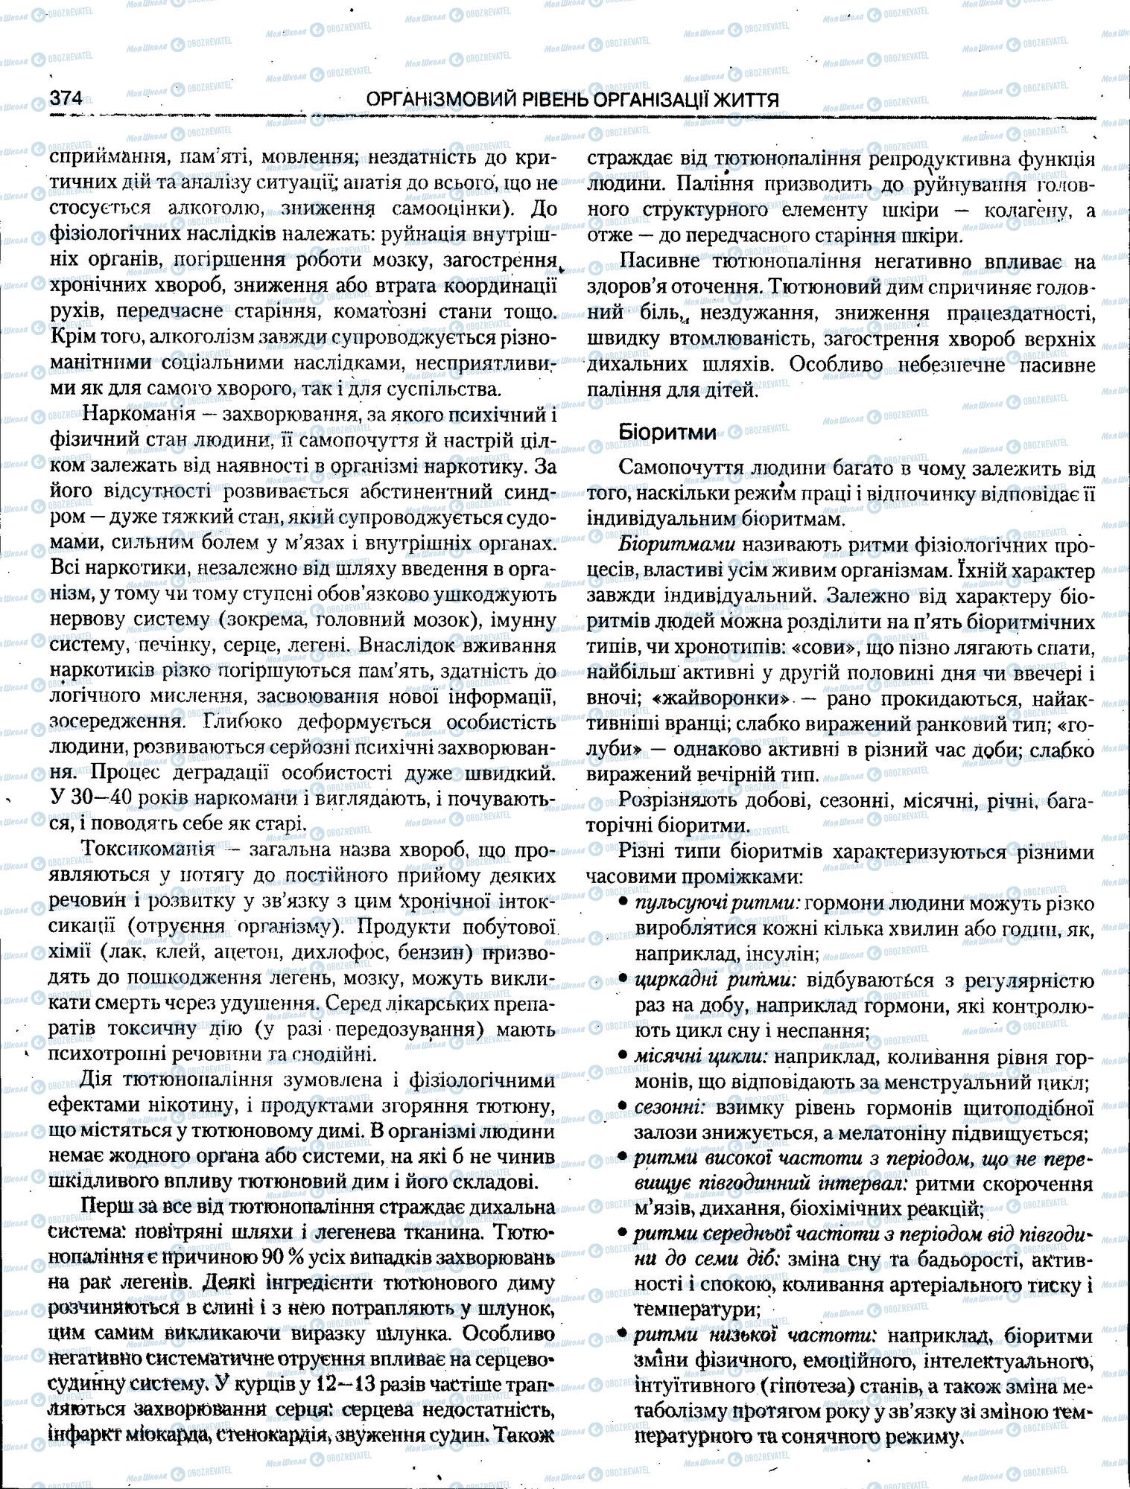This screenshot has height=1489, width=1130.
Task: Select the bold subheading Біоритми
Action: click(657, 433)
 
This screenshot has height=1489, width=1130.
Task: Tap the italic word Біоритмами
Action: click(677, 545)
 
